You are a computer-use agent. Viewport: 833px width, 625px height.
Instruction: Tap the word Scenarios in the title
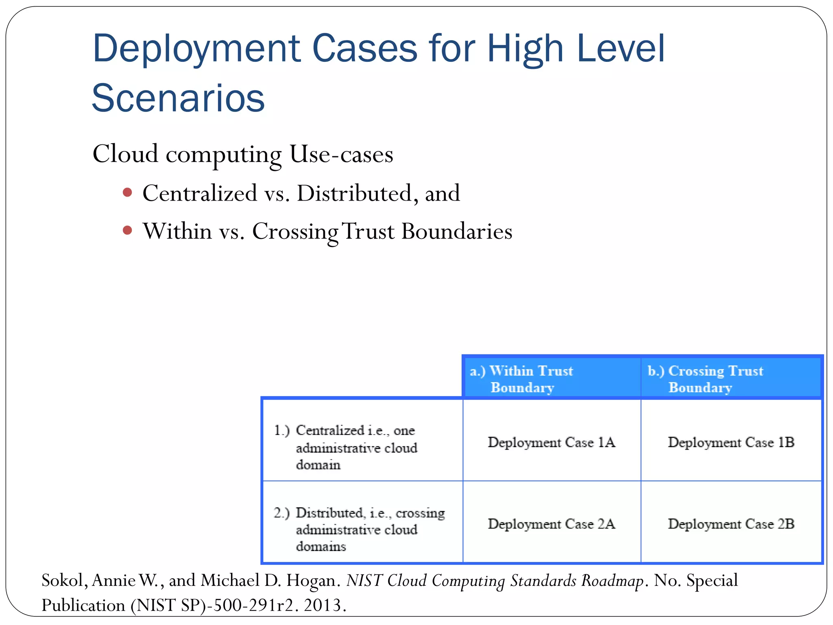pyautogui.click(x=178, y=98)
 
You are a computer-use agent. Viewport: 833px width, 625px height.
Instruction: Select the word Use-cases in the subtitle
pyautogui.click(x=341, y=155)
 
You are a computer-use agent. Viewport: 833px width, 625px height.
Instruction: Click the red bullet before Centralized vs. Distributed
pyautogui.click(x=127, y=192)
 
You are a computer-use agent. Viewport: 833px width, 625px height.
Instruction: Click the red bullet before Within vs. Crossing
pyautogui.click(x=127, y=231)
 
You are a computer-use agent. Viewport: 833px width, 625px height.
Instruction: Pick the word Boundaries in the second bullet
pyautogui.click(x=457, y=232)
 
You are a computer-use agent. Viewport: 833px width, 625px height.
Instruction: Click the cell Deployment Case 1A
pyautogui.click(x=551, y=442)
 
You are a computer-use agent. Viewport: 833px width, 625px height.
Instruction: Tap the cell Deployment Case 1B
pyautogui.click(x=731, y=442)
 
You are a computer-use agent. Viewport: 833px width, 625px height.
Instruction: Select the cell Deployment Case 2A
pyautogui.click(x=551, y=524)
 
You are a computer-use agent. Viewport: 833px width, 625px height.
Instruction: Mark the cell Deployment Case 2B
pyautogui.click(x=731, y=524)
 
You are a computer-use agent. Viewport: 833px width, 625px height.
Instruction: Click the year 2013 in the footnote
pyautogui.click(x=323, y=605)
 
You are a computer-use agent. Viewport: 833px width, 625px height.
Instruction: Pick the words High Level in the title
pyautogui.click(x=576, y=50)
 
